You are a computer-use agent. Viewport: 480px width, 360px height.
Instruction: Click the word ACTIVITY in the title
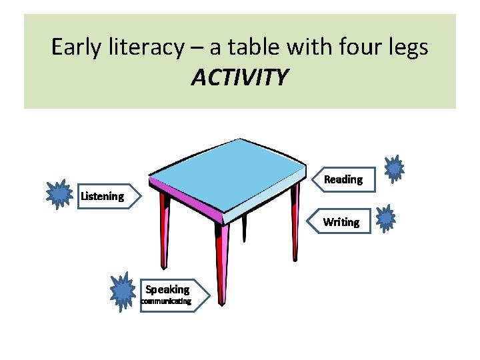coord(240,77)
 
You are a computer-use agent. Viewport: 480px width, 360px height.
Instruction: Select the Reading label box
coord(343,179)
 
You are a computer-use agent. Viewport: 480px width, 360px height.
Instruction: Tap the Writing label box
coord(341,222)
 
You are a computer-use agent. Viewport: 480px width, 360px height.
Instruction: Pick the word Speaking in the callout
coord(167,289)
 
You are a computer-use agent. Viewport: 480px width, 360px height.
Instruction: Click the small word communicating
coord(165,301)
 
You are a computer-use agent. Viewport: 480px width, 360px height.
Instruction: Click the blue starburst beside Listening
coord(60,194)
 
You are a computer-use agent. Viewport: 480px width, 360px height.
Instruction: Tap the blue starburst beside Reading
coord(395,169)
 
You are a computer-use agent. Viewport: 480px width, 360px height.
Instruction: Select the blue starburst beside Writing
coord(386,218)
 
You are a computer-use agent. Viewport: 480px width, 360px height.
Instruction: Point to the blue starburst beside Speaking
coord(123,291)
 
